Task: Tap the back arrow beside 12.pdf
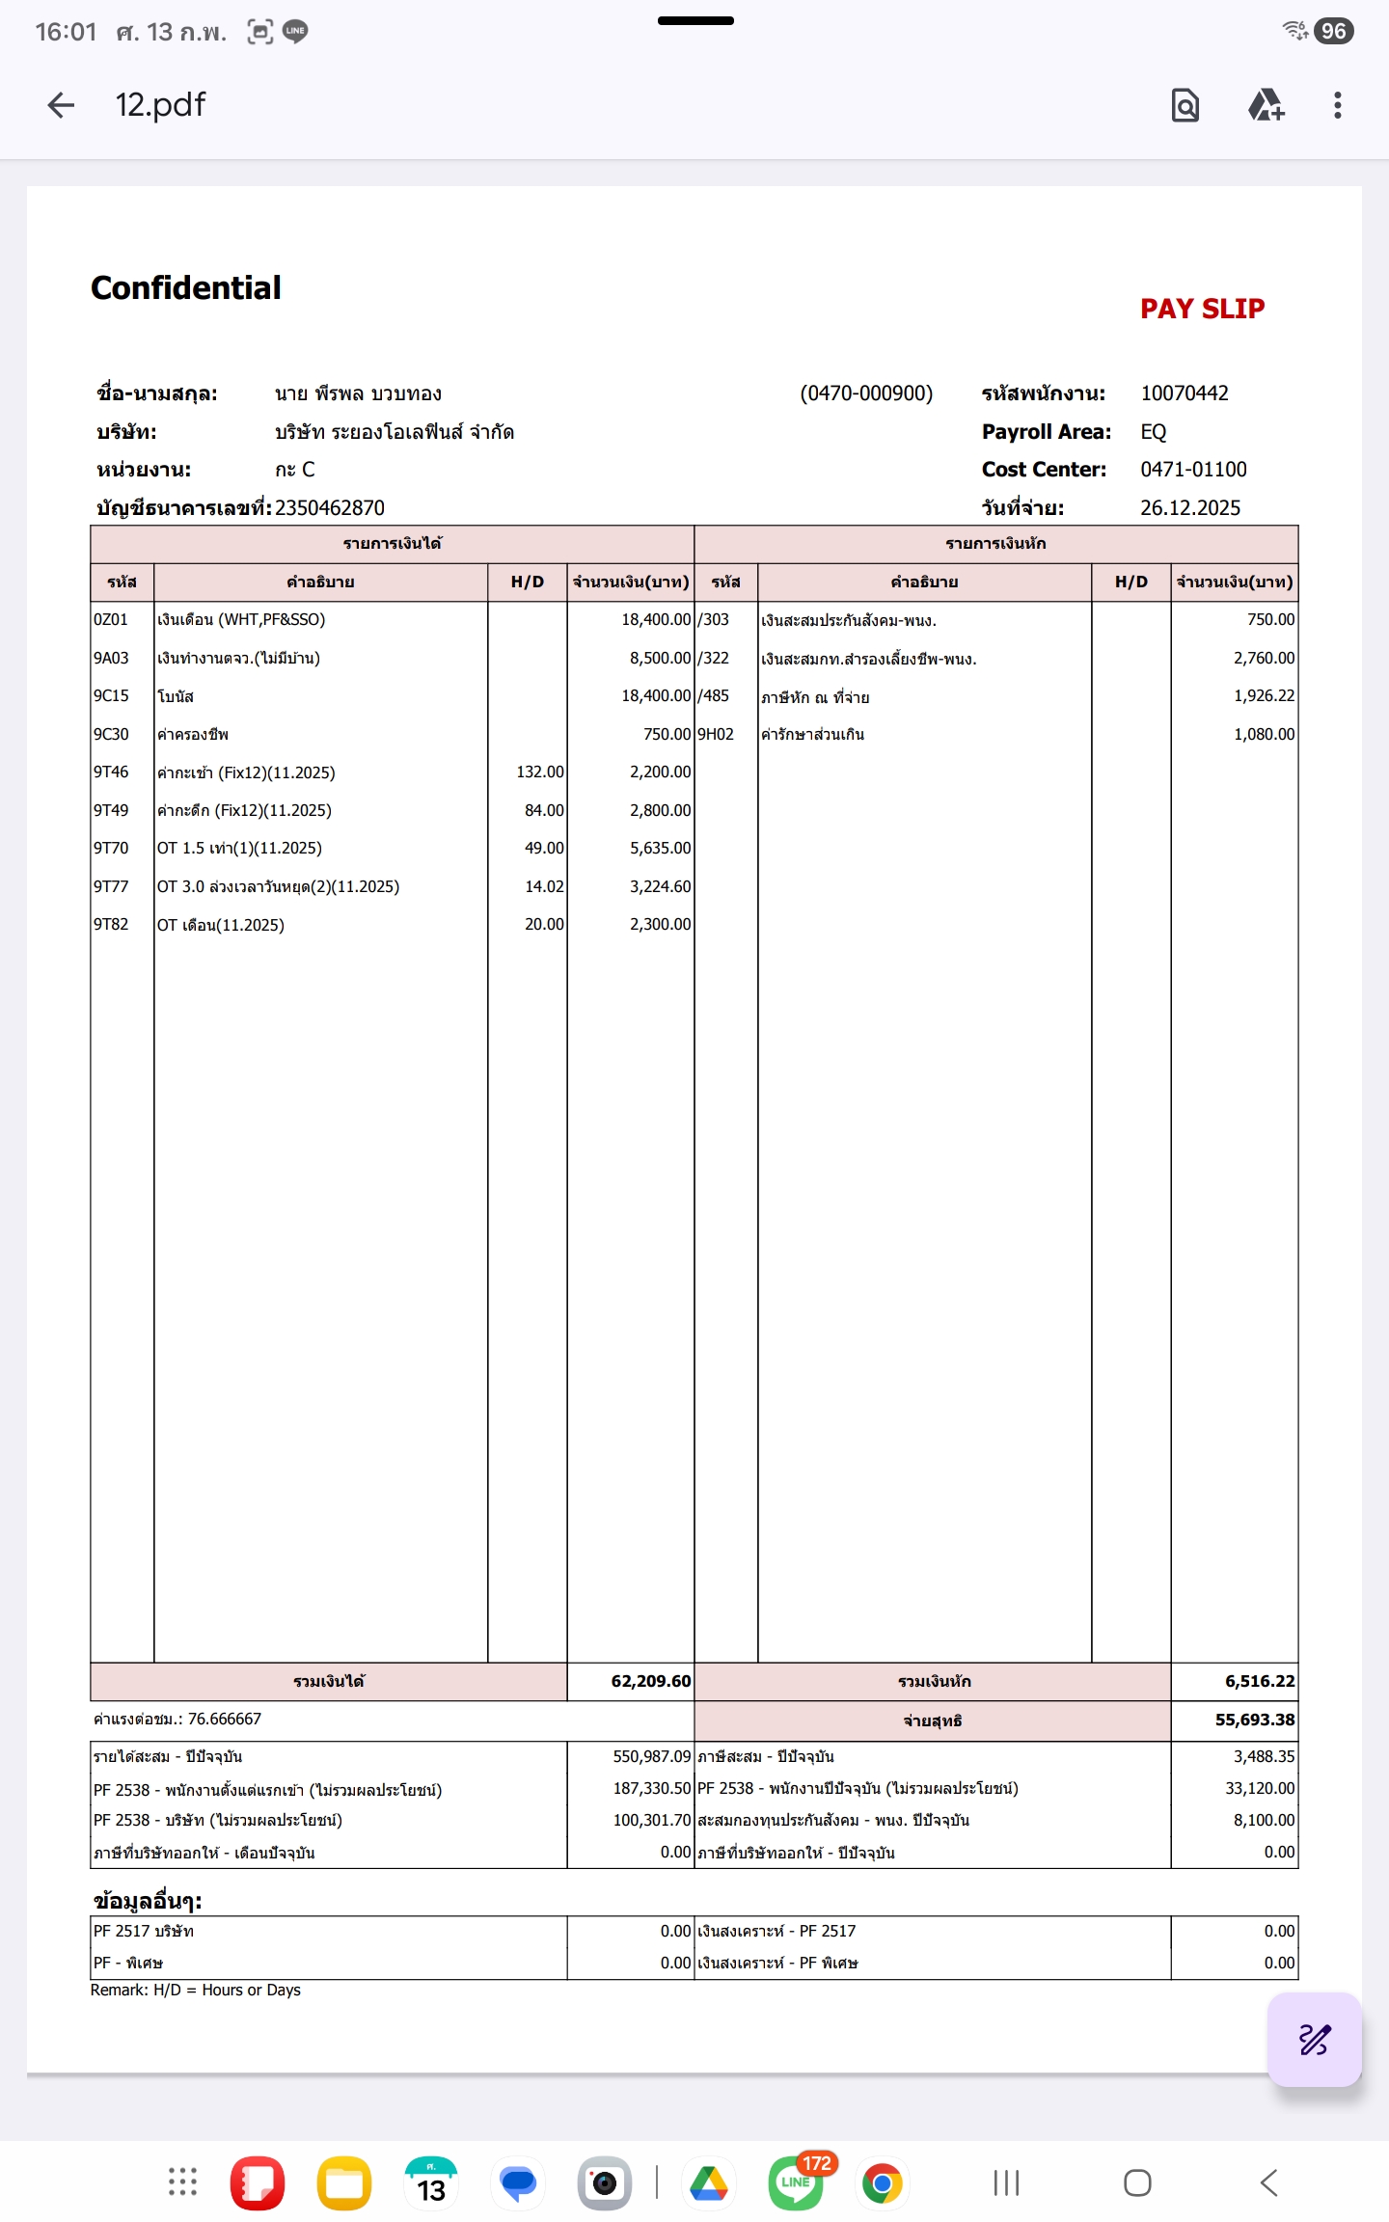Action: [61, 105]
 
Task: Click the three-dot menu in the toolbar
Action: [1337, 105]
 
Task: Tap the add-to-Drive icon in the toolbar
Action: [1266, 105]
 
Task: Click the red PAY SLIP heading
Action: [1202, 309]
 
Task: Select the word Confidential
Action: [186, 287]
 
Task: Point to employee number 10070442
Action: [1184, 393]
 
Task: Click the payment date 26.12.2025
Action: [1189, 508]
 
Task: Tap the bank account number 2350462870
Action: [330, 508]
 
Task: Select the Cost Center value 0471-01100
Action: [1193, 470]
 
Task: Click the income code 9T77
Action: [111, 886]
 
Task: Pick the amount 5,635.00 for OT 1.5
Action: [660, 848]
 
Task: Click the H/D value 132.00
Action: [539, 772]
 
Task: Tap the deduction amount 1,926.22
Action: [1264, 696]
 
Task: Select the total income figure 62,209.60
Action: [650, 1681]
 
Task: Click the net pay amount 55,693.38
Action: [1254, 1720]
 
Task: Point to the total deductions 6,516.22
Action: [1259, 1681]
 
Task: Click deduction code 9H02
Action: [716, 734]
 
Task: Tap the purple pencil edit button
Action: [1314, 2039]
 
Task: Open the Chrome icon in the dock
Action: [882, 2182]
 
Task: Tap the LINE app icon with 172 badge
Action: [796, 2182]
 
